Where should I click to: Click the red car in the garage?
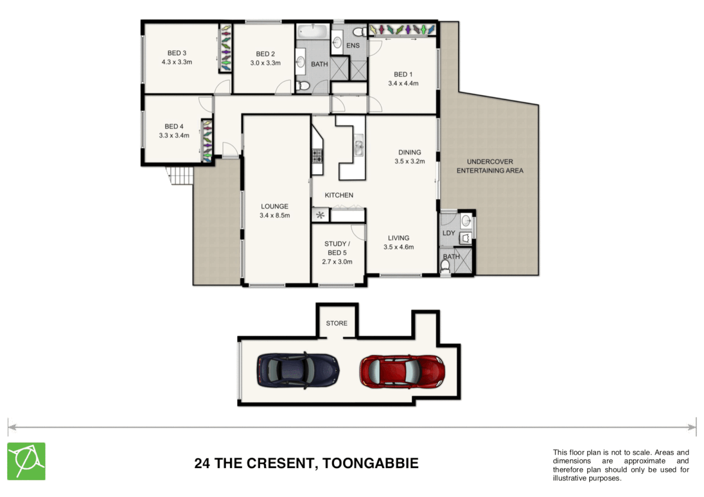[402, 371]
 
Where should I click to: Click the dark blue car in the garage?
[298, 371]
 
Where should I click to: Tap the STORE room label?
[336, 324]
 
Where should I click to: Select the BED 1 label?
[403, 75]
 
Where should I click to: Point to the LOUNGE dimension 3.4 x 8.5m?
[275, 215]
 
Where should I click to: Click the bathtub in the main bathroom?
[312, 32]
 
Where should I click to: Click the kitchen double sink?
[358, 145]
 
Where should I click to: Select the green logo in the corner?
[26, 461]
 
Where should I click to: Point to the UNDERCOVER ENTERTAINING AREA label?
[490, 166]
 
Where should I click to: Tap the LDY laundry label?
[449, 233]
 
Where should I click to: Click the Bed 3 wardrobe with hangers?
[225, 49]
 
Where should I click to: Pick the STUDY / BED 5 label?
[337, 248]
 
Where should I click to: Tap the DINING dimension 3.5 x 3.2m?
[410, 162]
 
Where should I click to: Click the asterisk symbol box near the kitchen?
[320, 215]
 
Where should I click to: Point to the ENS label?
[353, 46]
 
